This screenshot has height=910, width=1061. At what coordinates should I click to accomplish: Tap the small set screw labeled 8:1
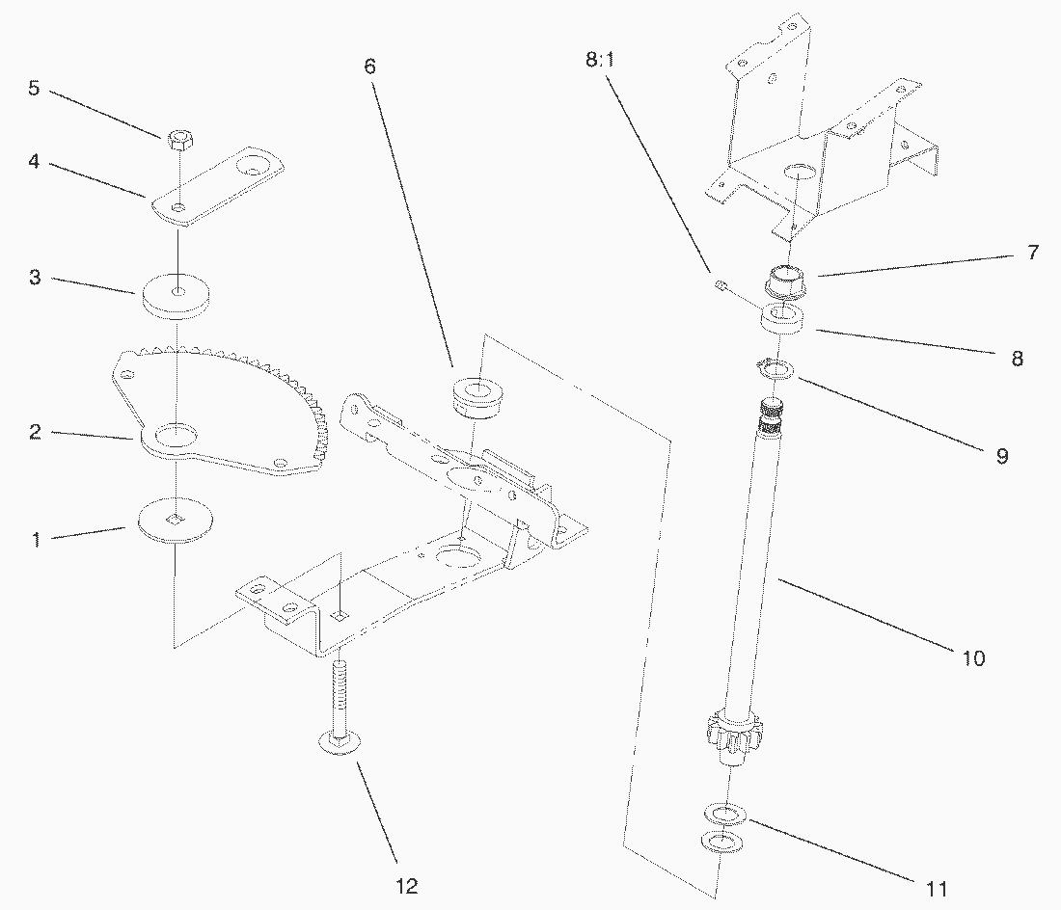719,284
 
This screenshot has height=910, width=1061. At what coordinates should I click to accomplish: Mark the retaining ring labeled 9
775,367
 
